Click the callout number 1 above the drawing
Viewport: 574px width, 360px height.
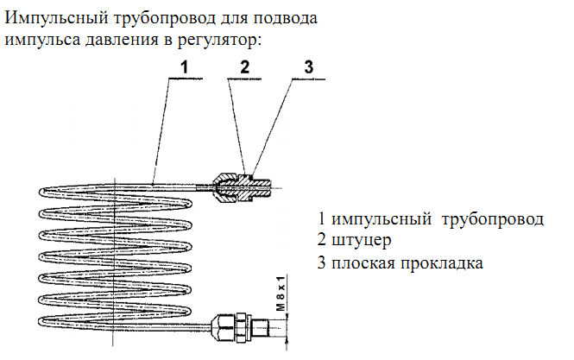click(x=184, y=67)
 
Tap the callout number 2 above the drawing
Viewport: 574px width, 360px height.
click(x=244, y=67)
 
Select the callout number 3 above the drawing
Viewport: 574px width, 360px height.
click(x=309, y=67)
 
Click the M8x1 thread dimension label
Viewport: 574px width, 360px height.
click(x=281, y=294)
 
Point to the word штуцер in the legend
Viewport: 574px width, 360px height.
click(x=361, y=241)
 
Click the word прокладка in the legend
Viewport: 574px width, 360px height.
click(x=441, y=263)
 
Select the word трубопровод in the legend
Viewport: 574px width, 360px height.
click(x=492, y=219)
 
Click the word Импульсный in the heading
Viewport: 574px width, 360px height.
click(x=56, y=18)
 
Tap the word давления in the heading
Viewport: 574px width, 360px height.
click(x=122, y=40)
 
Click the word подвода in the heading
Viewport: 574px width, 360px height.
click(x=285, y=18)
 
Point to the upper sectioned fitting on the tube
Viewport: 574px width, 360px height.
click(x=242, y=188)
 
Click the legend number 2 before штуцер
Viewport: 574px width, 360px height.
click(x=321, y=239)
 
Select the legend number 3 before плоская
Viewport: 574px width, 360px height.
click(x=321, y=262)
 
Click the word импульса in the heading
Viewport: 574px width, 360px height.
click(x=41, y=40)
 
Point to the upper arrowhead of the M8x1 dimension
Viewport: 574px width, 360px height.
click(x=287, y=315)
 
